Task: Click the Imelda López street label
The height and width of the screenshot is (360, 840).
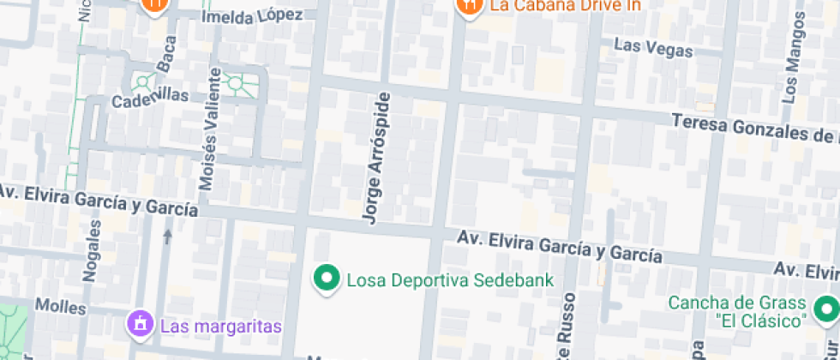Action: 252,15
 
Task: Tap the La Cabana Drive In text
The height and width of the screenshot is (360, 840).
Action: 565,6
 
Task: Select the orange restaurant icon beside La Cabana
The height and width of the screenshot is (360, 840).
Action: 468,6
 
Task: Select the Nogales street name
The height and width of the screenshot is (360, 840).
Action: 91,249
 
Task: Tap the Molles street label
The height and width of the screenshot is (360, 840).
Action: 60,306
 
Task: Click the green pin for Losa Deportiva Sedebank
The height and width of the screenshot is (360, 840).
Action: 326,279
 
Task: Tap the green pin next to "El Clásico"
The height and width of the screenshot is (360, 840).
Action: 826,308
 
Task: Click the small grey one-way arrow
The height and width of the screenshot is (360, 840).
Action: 167,235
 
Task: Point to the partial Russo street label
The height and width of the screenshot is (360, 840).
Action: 567,330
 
